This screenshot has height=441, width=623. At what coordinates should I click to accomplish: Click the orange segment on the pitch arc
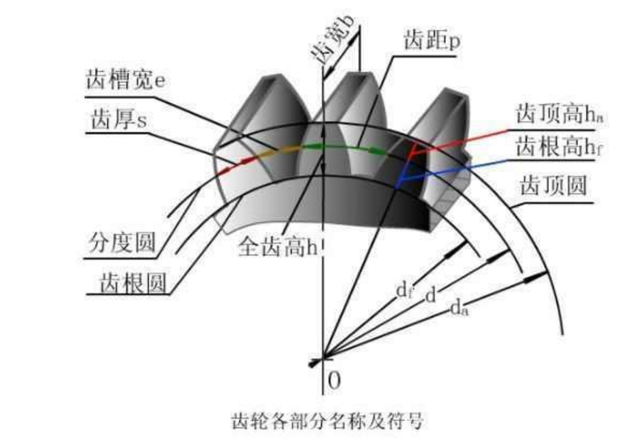270,151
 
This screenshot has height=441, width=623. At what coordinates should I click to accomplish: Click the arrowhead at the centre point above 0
316,361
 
